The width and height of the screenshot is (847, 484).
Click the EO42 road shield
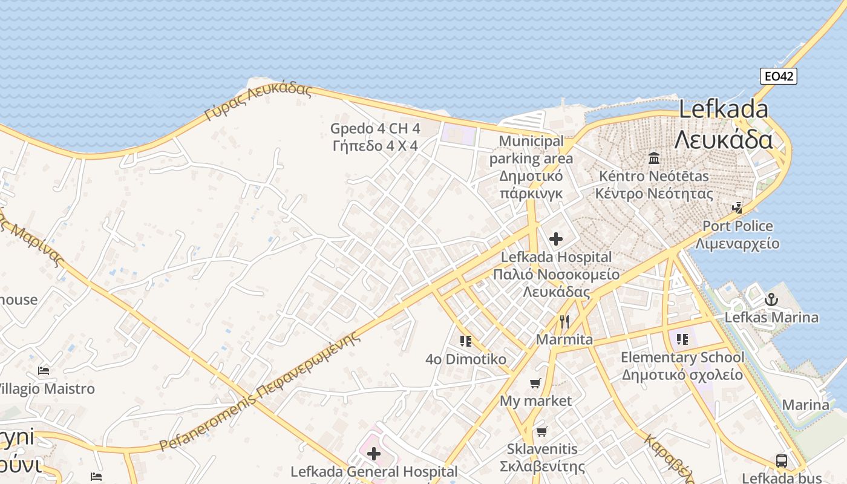(779, 76)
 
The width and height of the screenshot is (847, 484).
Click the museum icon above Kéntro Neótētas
(654, 159)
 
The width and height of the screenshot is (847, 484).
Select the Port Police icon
(737, 208)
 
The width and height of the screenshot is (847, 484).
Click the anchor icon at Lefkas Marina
(771, 299)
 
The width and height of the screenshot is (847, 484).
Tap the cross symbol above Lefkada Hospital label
(556, 239)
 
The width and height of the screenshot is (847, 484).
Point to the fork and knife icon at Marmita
(564, 321)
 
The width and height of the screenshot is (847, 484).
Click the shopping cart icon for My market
(535, 383)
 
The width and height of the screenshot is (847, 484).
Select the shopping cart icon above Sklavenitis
(541, 431)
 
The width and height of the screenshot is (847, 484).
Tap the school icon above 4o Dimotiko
(465, 341)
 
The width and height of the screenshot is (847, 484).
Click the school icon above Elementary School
(682, 339)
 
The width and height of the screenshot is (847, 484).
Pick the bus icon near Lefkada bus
(782, 460)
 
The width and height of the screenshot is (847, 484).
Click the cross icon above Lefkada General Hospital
(374, 453)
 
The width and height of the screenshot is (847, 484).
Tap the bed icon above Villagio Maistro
(44, 370)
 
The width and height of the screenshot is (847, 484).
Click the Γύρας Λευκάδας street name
(258, 100)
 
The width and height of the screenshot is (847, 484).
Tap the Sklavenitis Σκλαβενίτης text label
(542, 457)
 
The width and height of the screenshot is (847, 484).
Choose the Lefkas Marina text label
(771, 317)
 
